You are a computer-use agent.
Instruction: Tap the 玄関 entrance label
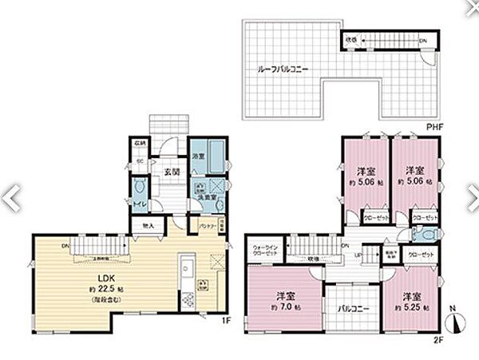click(172, 171)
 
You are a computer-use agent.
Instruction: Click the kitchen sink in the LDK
click(185, 266)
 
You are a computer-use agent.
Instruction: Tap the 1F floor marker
click(226, 320)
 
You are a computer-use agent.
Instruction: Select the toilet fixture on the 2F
click(425, 235)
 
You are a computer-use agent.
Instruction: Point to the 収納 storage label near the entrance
click(139, 144)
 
